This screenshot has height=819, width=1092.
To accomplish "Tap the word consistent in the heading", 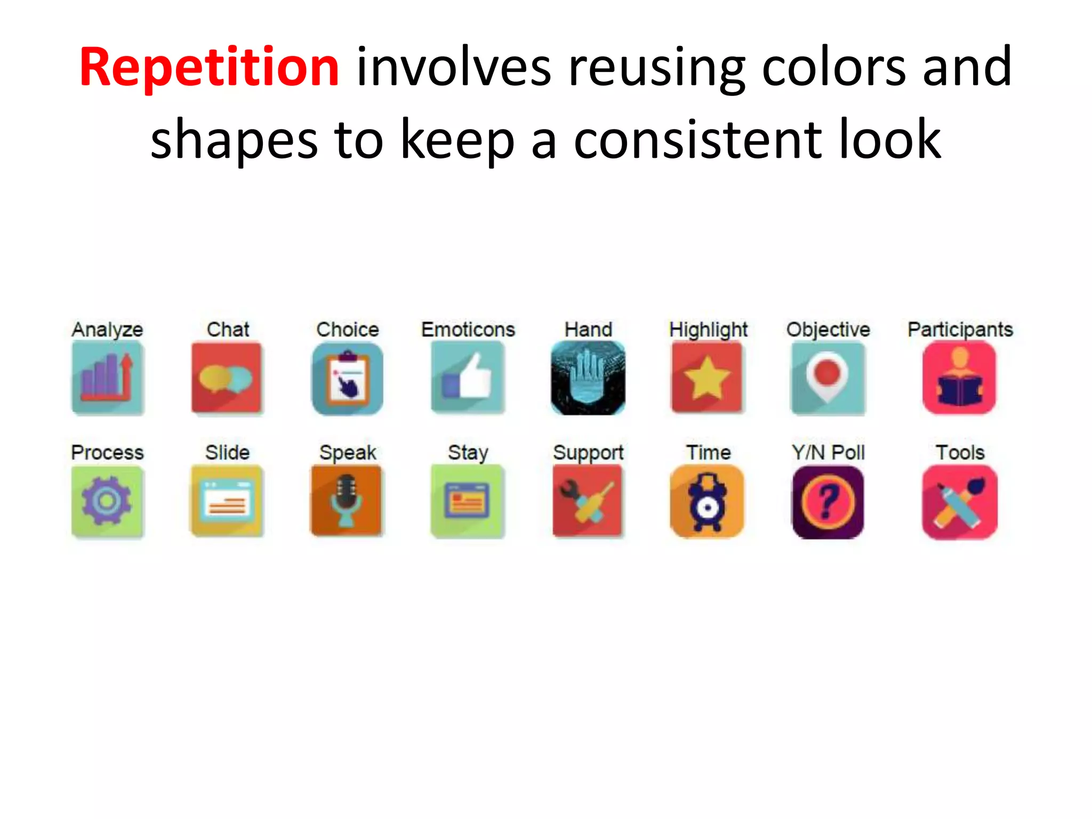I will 697,140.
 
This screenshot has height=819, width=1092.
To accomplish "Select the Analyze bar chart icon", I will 108,378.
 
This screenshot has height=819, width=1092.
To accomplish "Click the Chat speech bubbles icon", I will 227,378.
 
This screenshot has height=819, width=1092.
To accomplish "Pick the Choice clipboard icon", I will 348,379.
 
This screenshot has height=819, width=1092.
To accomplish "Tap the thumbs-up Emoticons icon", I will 468,378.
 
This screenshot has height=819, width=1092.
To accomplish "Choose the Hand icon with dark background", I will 588,378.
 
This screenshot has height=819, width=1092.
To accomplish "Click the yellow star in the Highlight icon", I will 707,378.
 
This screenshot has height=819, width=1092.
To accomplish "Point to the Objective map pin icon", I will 828,378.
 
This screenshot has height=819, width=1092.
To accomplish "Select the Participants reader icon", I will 959,378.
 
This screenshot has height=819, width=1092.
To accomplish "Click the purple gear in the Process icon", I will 107,500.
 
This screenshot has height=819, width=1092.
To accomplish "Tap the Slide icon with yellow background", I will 227,501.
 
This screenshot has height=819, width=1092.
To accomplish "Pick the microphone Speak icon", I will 347,501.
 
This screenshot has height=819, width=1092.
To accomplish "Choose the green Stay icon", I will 468,501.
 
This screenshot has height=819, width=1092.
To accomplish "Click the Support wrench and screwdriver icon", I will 588,501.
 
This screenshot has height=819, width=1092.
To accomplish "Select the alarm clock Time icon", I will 707,501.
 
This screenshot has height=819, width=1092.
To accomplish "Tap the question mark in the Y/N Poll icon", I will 827,501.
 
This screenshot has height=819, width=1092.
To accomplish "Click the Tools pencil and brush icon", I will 959,501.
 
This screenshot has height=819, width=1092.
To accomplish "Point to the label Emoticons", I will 468,330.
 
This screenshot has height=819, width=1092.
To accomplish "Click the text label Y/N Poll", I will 828,453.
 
